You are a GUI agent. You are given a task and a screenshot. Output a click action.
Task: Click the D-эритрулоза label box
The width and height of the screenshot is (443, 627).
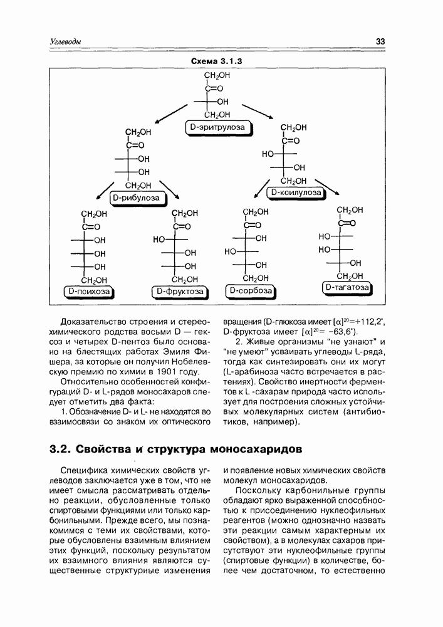click(217, 129)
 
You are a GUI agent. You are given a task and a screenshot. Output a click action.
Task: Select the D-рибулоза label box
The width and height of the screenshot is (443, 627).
click(137, 199)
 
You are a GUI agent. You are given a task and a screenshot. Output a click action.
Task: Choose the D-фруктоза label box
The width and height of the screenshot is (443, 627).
click(180, 292)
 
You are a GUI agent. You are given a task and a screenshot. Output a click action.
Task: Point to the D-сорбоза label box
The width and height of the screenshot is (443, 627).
click(250, 291)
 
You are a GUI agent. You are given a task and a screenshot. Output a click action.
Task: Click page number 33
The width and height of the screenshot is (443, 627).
click(380, 42)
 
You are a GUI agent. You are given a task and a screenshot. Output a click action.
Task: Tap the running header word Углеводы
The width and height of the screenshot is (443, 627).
click(65, 42)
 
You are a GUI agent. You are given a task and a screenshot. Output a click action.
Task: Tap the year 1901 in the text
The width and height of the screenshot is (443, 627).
click(150, 372)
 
